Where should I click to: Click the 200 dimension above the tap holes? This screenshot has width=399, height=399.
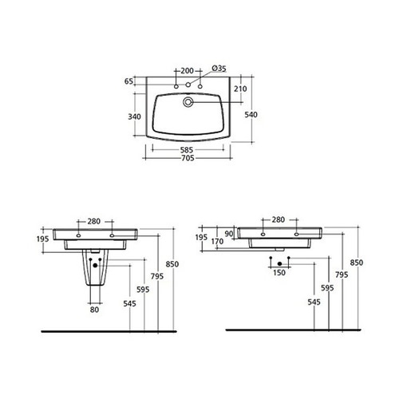coord(188,70)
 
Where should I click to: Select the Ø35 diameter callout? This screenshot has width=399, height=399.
coord(218,70)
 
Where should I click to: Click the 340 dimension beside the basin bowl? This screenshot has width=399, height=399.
coord(136,117)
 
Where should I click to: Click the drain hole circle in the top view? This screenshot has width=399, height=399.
coord(188,103)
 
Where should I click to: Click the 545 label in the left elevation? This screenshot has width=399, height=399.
coord(130,304)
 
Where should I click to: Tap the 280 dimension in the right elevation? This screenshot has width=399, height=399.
coord(279,219)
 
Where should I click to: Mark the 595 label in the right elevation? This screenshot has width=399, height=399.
coord(328,286)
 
